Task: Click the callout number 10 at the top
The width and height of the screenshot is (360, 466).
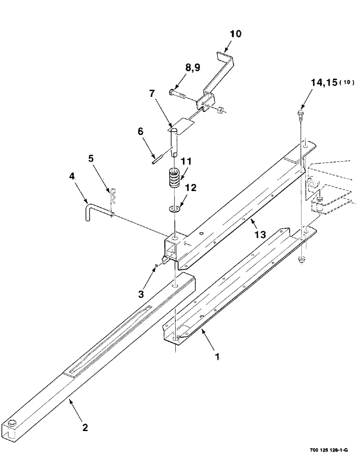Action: click(x=235, y=34)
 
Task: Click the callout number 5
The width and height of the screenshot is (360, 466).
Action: click(x=91, y=158)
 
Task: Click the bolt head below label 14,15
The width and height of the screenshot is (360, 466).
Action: click(x=301, y=112)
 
